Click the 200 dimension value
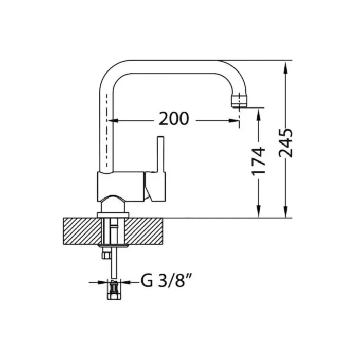(x=174, y=119)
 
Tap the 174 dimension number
(x=259, y=161)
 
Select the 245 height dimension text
(x=285, y=143)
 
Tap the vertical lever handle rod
(x=160, y=154)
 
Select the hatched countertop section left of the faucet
(x=82, y=231)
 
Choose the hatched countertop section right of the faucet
(x=143, y=231)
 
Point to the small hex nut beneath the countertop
(x=106, y=255)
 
